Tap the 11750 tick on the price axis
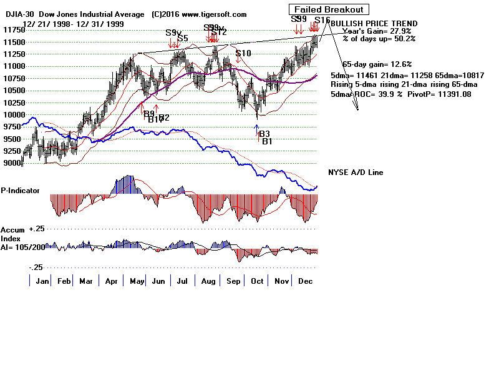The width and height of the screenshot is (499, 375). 11,29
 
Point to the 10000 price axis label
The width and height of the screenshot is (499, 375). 11,115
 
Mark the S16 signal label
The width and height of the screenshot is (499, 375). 322,20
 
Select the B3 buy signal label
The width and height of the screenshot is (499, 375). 264,134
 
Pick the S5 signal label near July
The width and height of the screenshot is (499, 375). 183,39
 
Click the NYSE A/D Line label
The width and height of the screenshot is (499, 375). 356,172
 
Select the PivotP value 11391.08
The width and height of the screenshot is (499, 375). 451,94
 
